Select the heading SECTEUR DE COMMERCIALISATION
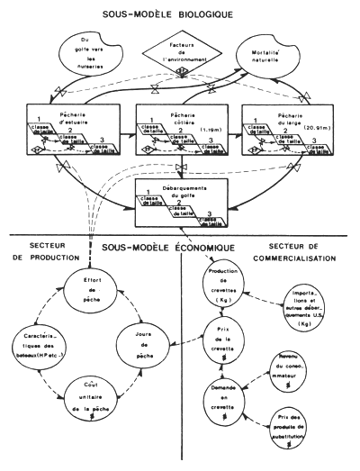[x=306, y=249]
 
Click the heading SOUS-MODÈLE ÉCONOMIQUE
[x=181, y=246]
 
